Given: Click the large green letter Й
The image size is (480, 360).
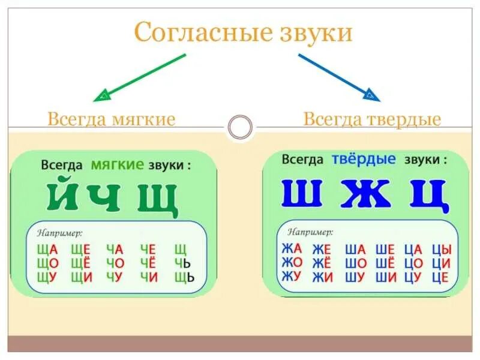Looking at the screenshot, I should pos(64,197).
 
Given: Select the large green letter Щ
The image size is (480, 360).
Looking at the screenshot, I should pos(158,199).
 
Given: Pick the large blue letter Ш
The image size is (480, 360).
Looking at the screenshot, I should pos(302,193).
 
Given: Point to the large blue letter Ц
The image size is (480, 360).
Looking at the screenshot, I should pos(429,194).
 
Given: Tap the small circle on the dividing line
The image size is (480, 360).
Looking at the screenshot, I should pos(241,127).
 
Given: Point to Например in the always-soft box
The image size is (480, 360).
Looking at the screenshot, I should pos(60,232).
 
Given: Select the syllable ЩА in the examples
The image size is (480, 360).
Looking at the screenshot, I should pos(47,249).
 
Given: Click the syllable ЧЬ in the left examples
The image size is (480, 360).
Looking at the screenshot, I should pos(182,263).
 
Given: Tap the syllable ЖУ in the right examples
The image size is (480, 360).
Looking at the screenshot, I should pos(292,277).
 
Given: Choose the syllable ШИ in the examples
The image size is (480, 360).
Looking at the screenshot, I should pos(384,277).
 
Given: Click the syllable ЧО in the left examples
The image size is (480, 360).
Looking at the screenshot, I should pos(115,263).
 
